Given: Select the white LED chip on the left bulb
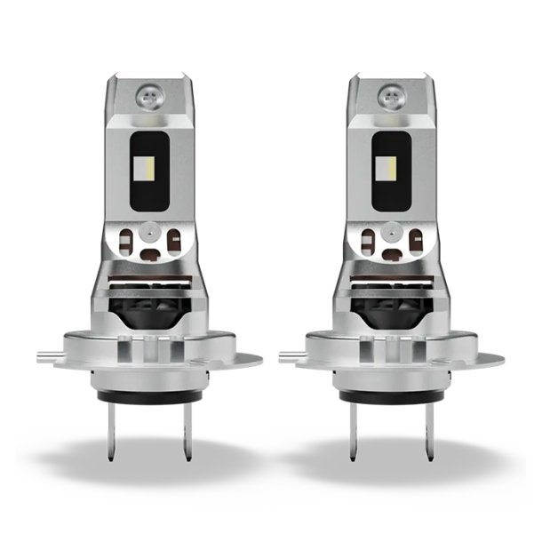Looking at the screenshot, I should point(148,166).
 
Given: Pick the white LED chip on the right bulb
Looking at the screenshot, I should point(390,166).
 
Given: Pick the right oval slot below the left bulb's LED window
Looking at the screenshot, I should point(174,239).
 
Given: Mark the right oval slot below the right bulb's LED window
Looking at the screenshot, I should point(416,239).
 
